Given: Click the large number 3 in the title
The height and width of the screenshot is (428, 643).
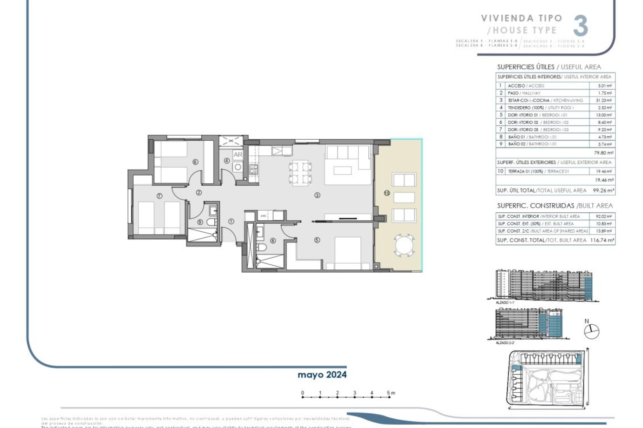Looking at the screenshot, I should (x=580, y=26).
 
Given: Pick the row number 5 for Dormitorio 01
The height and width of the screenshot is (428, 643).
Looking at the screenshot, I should (x=501, y=115).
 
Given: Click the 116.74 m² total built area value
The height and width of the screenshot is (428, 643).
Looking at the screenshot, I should (x=602, y=240).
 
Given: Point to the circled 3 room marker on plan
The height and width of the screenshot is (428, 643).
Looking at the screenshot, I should (x=317, y=195).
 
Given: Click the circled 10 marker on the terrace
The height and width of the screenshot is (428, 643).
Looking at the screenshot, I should (x=387, y=193).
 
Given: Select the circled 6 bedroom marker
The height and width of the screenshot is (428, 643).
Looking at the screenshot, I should (x=195, y=162).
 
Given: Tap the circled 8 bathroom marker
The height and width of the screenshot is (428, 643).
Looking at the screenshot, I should (x=273, y=240).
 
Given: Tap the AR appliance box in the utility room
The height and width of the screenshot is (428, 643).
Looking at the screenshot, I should (x=238, y=154).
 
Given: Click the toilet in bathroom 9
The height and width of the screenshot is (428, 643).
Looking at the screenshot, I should (x=211, y=222).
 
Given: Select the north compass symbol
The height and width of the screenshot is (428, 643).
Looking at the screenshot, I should (x=591, y=331).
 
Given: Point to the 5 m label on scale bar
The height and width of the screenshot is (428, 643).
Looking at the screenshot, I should (x=390, y=393).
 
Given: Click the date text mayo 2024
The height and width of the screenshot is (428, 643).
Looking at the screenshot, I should (x=322, y=375).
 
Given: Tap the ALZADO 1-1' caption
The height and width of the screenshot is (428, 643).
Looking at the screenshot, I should (x=505, y=302).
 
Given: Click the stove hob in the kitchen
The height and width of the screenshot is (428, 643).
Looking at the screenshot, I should (x=254, y=169).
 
